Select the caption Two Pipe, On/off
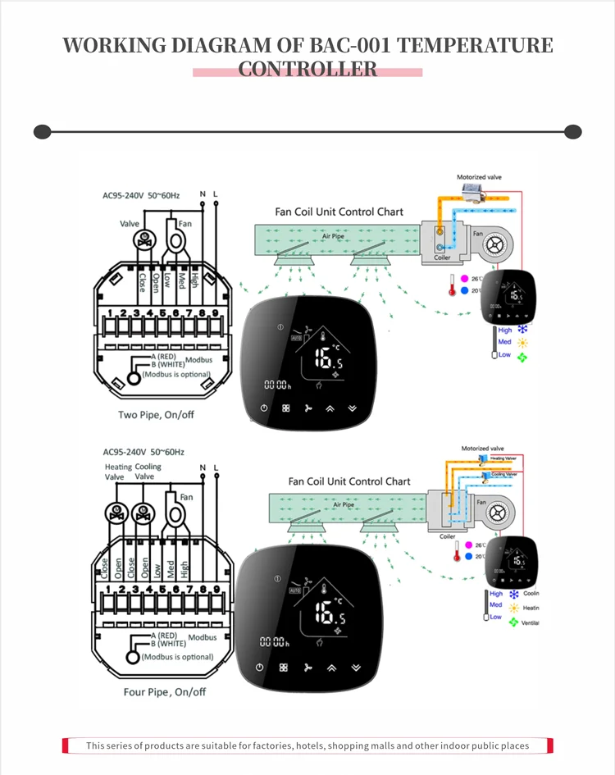[x=157, y=414]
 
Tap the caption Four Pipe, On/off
[x=165, y=691]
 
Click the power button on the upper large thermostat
[x=264, y=408]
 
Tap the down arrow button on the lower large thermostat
[x=354, y=668]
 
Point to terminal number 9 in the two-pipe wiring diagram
[x=215, y=312]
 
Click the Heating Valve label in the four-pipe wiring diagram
[x=118, y=472]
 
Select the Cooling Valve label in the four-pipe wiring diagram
[x=148, y=472]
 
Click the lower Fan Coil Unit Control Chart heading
[x=349, y=481]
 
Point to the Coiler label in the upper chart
[x=442, y=258]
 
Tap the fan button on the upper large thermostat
[x=308, y=408]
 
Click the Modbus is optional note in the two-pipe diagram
[x=176, y=374]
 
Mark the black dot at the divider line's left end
[x=42, y=132]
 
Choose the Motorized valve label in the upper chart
[x=481, y=177]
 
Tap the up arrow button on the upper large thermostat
[x=330, y=408]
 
